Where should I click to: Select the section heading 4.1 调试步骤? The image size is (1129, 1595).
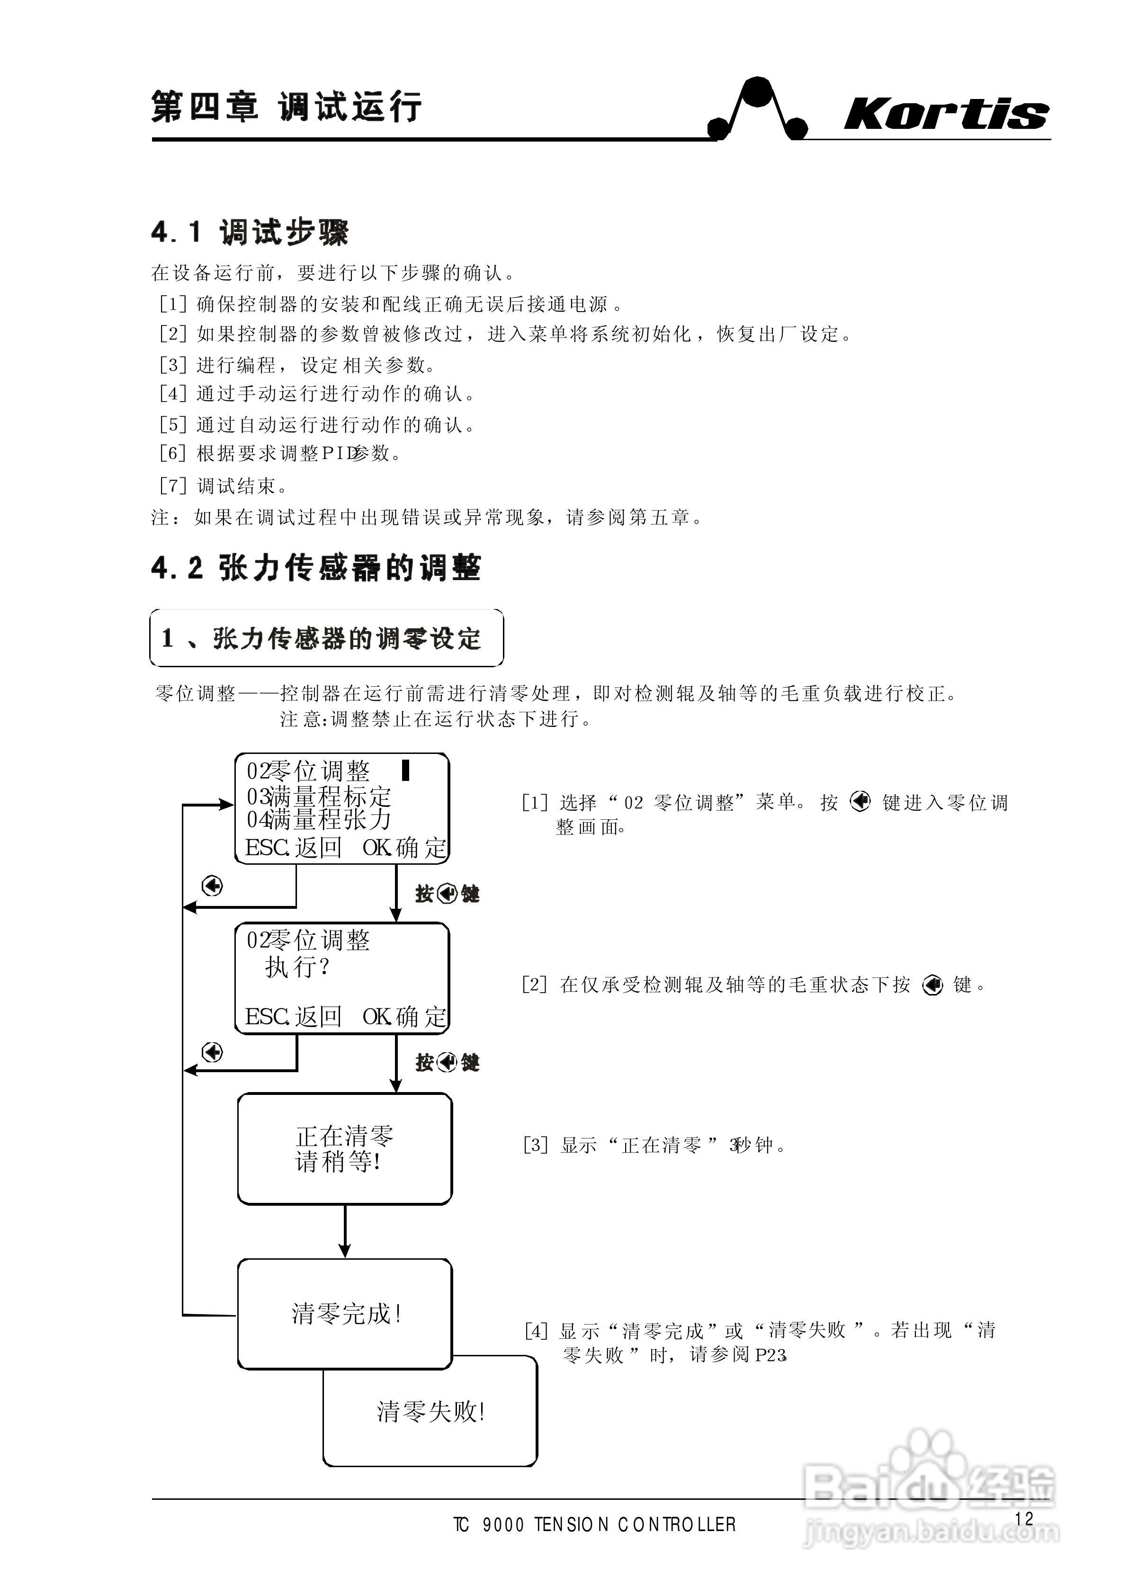click(x=250, y=232)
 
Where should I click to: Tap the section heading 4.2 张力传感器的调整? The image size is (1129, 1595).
click(x=315, y=568)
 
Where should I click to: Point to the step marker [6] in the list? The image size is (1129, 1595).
click(x=172, y=454)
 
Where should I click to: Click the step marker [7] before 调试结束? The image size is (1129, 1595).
click(x=172, y=485)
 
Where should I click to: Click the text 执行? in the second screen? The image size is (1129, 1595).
click(x=297, y=967)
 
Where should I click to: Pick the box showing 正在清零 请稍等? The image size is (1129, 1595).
click(x=345, y=1149)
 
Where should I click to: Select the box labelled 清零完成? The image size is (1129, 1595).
click(x=345, y=1314)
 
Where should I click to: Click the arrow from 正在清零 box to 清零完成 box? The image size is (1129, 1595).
click(x=345, y=1231)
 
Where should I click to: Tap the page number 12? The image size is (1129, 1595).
click(x=1024, y=1519)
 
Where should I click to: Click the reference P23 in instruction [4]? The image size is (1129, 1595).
click(x=771, y=1355)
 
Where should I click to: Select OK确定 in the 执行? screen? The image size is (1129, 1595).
click(x=404, y=1017)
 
